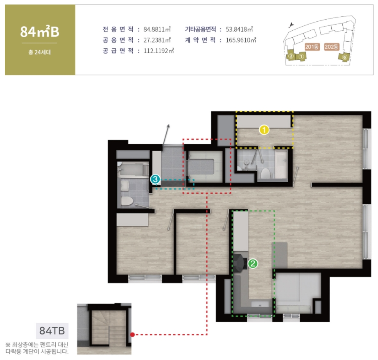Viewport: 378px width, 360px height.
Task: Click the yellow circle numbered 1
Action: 264,130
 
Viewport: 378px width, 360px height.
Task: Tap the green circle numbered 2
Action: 253,264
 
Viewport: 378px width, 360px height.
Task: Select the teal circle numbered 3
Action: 155,179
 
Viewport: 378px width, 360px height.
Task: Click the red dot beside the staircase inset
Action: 132,335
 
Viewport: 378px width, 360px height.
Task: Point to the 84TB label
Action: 52,331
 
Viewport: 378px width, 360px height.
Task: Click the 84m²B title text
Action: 40,32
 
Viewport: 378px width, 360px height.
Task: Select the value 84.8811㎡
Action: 157,29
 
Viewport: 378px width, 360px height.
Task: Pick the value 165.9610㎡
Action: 241,40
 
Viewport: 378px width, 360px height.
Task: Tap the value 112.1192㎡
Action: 158,51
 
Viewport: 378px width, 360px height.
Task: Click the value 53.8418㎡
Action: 239,29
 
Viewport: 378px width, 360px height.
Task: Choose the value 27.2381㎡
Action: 157,40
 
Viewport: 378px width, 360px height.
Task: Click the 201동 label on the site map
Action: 312,47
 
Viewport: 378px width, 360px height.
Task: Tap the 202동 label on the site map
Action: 331,47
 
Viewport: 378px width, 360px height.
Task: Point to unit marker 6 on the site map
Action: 344,57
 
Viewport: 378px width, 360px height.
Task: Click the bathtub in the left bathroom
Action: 133,170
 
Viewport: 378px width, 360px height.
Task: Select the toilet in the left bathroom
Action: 127,201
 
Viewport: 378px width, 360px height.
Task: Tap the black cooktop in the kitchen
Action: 240,262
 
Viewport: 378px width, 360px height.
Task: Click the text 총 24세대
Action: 40,52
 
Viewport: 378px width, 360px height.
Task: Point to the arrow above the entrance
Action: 166,135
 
